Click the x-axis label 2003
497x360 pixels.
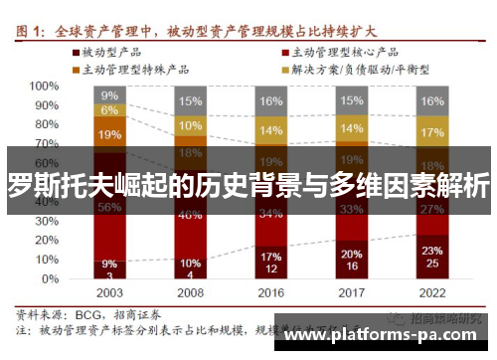(x=109, y=294)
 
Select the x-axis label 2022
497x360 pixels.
(x=432, y=294)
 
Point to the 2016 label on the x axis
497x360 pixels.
(x=270, y=294)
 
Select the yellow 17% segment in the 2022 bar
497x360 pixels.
(x=432, y=132)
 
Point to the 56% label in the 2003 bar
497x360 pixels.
(x=109, y=208)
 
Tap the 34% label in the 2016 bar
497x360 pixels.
(x=270, y=213)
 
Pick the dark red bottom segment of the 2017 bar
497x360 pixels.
(x=351, y=260)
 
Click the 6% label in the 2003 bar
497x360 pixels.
(x=109, y=110)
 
